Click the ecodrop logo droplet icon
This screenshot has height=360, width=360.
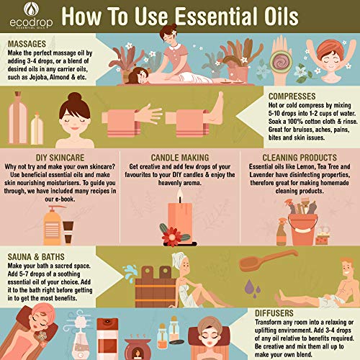point(31,9)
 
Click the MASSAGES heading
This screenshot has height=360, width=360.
point(27,44)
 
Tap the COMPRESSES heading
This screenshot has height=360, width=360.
point(292,96)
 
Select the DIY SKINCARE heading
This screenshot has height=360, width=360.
point(60,158)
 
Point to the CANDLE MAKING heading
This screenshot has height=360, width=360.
point(180,158)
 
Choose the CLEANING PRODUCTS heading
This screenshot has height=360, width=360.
point(300,158)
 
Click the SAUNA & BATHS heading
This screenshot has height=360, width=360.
point(36,257)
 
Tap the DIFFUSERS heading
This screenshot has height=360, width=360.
point(274,313)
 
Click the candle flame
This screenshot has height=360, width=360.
point(180,194)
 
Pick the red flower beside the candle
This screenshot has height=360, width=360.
point(171,237)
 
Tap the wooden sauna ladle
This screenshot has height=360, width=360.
point(268,261)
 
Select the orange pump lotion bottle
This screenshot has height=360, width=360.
point(53,225)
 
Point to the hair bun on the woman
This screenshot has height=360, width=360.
point(75,97)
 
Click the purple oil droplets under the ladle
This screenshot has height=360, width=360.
point(253,288)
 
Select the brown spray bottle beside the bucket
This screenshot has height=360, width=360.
point(282,233)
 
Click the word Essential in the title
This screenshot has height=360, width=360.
point(217,17)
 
